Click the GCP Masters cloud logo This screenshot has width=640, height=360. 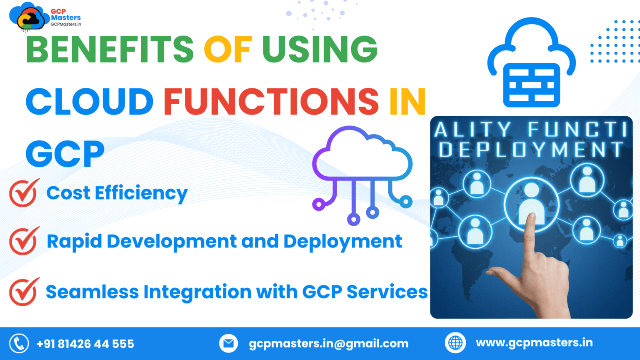[x=29, y=17]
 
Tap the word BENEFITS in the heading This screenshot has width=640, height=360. [x=110, y=50]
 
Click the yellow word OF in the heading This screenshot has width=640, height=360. [x=228, y=50]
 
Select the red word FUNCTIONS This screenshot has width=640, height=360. [x=271, y=101]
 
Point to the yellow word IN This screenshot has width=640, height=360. [x=407, y=101]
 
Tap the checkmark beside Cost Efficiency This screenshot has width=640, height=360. [x=24, y=193]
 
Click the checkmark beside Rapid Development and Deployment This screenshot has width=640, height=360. [x=24, y=241]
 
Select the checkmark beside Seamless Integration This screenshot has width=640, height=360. [x=24, y=292]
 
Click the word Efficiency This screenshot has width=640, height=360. [x=141, y=193]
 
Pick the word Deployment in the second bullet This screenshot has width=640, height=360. [x=342, y=242]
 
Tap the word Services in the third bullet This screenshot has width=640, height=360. [x=387, y=292]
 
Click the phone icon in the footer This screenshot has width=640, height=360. [x=19, y=343]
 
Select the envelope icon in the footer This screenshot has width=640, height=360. [x=228, y=343]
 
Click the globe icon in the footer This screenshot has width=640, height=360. [x=455, y=342]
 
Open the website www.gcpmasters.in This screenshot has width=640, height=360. [x=534, y=343]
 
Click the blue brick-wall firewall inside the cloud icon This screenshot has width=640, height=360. [x=531, y=85]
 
